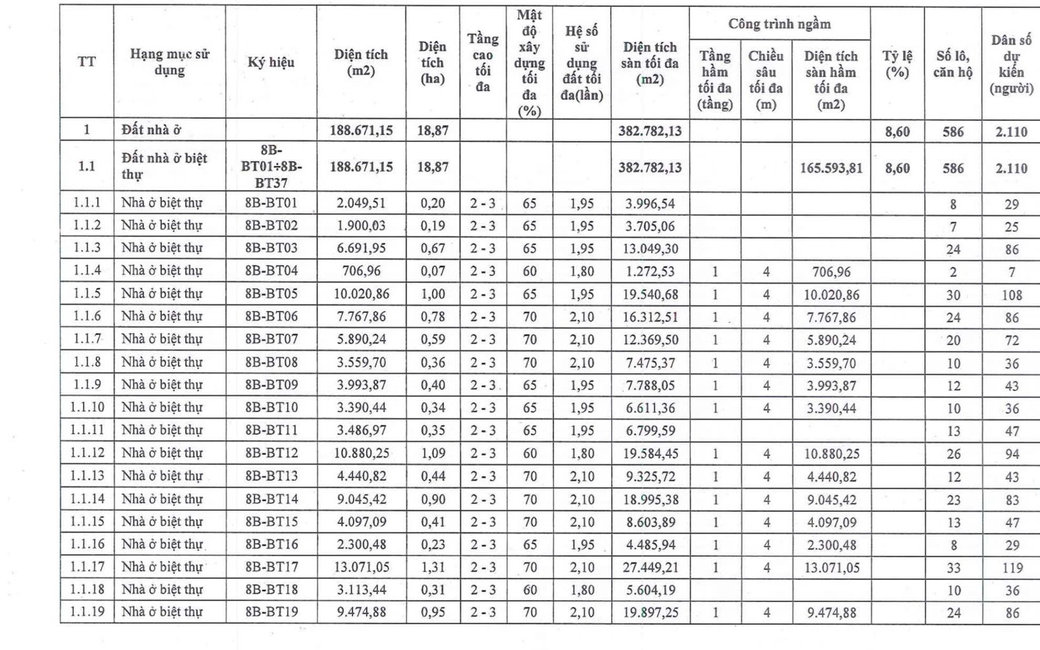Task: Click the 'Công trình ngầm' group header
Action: pyautogui.click(x=779, y=24)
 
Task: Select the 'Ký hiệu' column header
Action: pyautogui.click(x=271, y=62)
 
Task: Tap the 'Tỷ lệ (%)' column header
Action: pyautogui.click(x=897, y=64)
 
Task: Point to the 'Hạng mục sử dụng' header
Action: pyautogui.click(x=169, y=62)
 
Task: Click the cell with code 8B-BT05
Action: pyautogui.click(x=271, y=294)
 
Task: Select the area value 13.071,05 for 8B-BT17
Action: pyautogui.click(x=361, y=567)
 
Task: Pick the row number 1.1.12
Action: pyautogui.click(x=87, y=453)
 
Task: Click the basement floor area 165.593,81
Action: pyautogui.click(x=831, y=168)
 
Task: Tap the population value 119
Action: pyautogui.click(x=1012, y=567)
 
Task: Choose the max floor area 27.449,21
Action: pyautogui.click(x=650, y=567)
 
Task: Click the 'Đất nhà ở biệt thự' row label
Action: pyautogui.click(x=164, y=166)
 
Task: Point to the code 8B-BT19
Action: pyautogui.click(x=271, y=612)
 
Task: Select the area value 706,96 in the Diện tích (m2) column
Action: pyautogui.click(x=361, y=271)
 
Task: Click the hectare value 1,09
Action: pyautogui.click(x=433, y=453)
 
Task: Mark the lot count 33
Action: pyautogui.click(x=953, y=567)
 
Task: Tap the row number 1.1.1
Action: pyautogui.click(x=87, y=203)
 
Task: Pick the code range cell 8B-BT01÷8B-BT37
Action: pyautogui.click(x=271, y=166)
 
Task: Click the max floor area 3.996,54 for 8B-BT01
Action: pyautogui.click(x=650, y=204)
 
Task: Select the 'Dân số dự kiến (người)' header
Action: pyautogui.click(x=1011, y=64)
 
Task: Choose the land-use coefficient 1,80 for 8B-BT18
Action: pyautogui.click(x=582, y=590)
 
